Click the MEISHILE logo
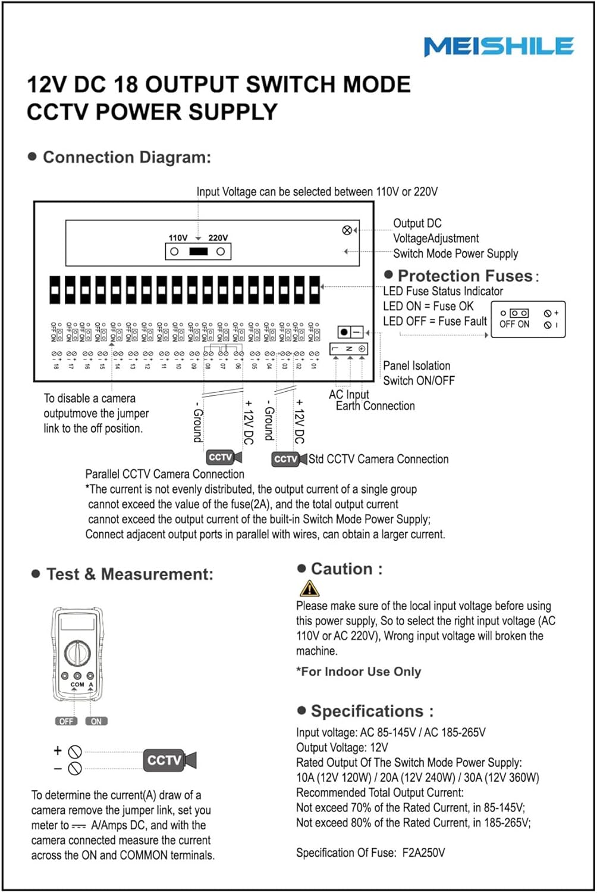[498, 46]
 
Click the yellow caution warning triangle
[309, 588]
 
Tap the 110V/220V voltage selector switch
[198, 252]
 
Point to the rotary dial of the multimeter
[77, 653]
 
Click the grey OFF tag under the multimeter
[66, 721]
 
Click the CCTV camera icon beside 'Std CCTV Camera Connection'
[290, 459]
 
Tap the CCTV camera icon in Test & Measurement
[169, 760]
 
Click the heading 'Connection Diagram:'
[127, 157]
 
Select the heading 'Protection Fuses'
[465, 276]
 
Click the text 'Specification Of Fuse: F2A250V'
[370, 853]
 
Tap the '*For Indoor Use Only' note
[359, 672]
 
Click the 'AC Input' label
[349, 394]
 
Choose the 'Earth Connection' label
[375, 406]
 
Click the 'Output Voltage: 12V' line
[342, 747]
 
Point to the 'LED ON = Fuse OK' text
[428, 306]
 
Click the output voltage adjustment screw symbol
[347, 230]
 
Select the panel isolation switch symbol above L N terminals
[350, 332]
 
